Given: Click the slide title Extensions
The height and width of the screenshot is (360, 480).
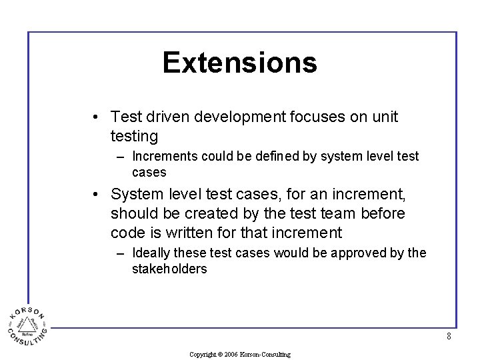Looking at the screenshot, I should coord(239,63).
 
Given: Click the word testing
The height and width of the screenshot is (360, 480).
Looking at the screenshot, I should coord(134,137).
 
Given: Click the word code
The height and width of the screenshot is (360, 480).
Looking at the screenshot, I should coord(127,233).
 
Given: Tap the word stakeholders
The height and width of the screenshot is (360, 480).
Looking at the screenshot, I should coord(169,269).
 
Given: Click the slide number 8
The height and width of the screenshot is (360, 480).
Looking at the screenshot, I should coord(449,337).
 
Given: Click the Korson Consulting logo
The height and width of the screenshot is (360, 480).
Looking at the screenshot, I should coord(27,325).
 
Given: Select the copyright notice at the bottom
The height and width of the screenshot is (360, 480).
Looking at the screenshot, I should coord(239,355).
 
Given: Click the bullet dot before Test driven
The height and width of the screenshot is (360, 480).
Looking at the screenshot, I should coord(97,117).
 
